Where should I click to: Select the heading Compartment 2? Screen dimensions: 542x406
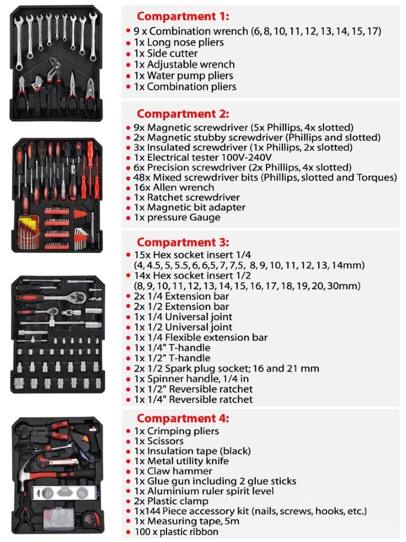click(x=183, y=114)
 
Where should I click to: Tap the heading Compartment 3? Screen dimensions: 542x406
click(x=183, y=243)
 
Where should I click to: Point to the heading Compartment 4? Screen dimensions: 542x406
click(x=183, y=418)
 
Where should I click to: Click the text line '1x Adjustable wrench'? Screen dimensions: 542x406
click(x=184, y=65)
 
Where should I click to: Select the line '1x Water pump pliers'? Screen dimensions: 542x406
click(x=183, y=76)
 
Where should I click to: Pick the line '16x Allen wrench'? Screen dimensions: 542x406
click(x=173, y=187)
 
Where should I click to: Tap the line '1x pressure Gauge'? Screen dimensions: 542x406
click(x=177, y=218)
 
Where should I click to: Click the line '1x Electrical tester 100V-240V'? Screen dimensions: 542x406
click(x=202, y=157)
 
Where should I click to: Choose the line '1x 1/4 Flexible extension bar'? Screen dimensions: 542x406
click(x=200, y=338)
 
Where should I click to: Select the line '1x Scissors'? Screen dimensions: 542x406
click(x=159, y=441)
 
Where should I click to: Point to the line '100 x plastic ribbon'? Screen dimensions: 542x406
click(x=176, y=531)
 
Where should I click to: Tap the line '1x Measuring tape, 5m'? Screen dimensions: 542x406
click(x=183, y=521)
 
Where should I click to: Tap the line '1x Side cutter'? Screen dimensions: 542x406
click(x=165, y=53)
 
